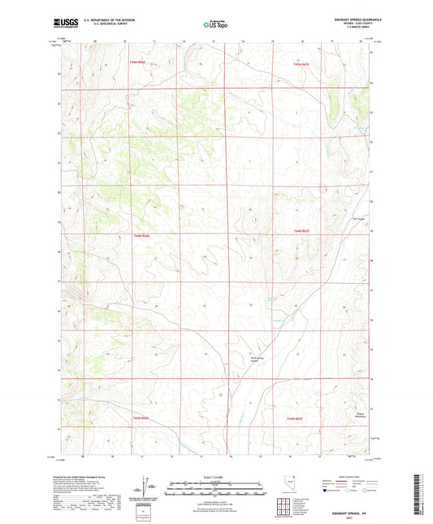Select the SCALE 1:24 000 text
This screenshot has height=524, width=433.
coord(215,477)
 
